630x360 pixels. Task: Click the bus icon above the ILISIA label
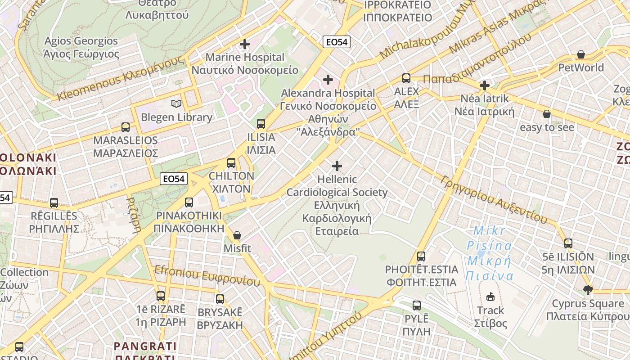pos(261,124)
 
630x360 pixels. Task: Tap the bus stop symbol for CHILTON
pos(231,163)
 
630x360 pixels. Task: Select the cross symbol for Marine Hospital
pos(245,44)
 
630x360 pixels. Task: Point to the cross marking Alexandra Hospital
pos(328,80)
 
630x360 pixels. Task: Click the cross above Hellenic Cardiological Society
pos(337,166)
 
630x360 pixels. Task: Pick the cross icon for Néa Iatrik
pos(485,85)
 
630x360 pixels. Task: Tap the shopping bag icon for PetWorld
pos(581,55)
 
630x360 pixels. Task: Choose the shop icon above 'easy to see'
pos(546,114)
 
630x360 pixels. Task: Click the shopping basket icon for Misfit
pos(237,235)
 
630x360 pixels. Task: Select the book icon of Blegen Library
pos(176,104)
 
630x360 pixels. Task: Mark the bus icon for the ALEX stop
pos(406,78)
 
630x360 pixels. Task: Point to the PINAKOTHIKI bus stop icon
pos(189,202)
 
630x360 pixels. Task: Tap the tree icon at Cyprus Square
pos(587,290)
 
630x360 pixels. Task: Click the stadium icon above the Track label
pos(490,297)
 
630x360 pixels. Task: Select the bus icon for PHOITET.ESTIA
pos(421,256)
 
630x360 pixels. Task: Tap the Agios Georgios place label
pos(81,47)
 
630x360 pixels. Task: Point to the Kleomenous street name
pos(121,79)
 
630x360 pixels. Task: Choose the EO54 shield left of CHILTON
pos(174,179)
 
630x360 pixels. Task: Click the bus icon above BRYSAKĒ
pos(220,299)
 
